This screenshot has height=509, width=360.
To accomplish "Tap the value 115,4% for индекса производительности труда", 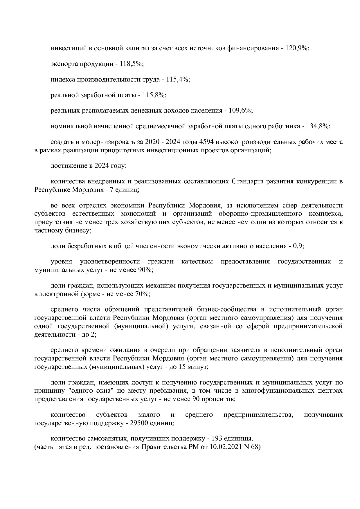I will click(178, 80).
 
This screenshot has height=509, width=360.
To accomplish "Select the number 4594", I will click(205, 142).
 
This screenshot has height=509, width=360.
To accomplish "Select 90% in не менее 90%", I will click(145, 270).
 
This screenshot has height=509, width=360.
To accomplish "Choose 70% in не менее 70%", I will click(142, 294).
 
